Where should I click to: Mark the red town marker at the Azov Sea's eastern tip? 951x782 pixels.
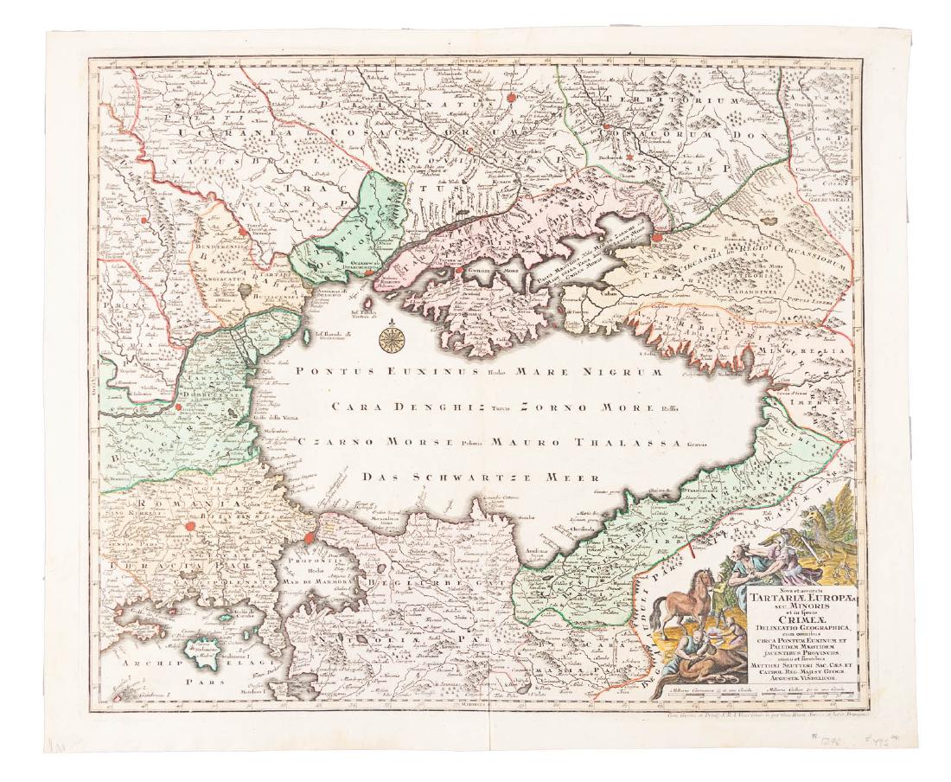pos(661,234)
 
